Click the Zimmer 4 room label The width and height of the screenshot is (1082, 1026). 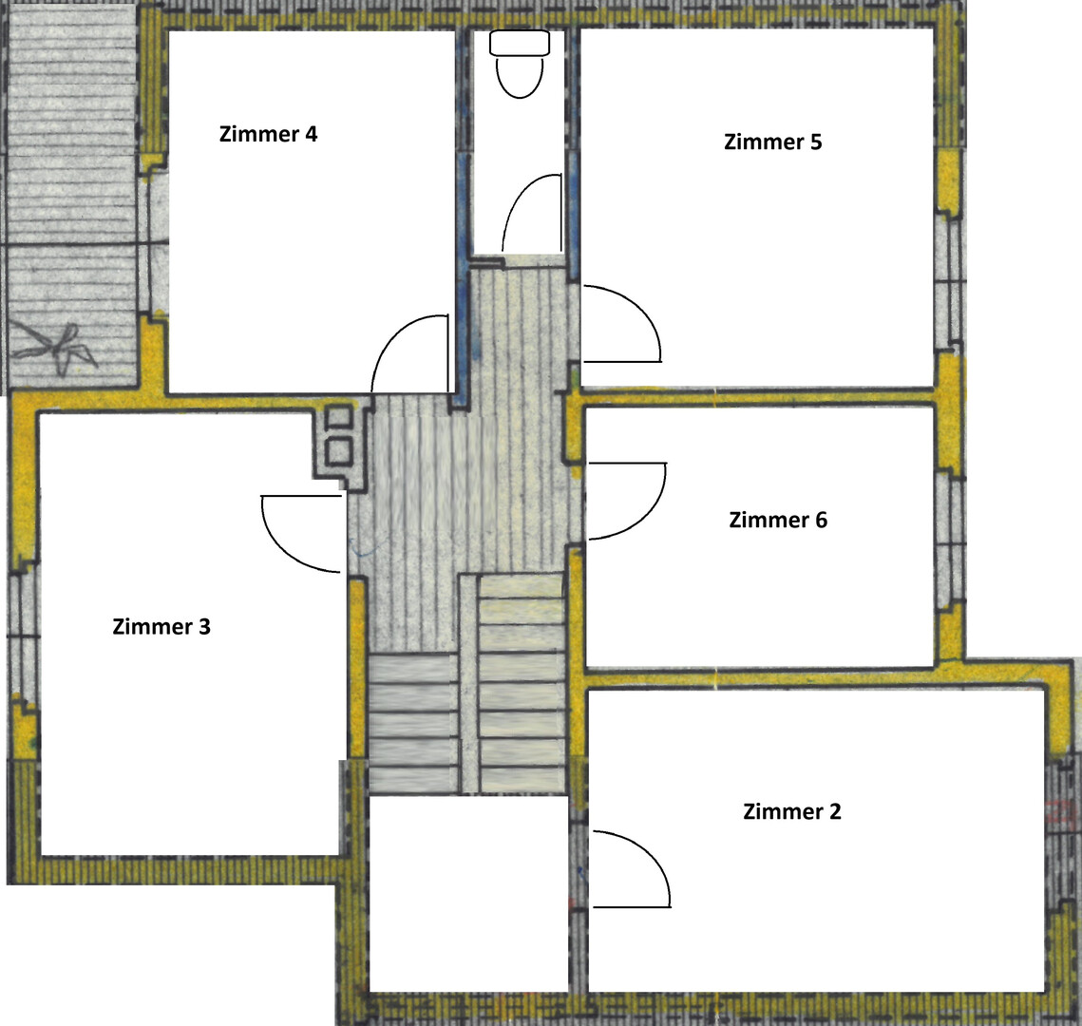269,134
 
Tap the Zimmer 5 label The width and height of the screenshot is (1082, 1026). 773,142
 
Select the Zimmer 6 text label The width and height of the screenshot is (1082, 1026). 778,521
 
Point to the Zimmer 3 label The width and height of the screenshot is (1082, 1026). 161,626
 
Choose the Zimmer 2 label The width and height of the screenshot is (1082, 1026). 792,811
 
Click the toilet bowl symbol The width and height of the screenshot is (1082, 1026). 520,76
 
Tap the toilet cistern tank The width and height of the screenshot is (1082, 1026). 520,43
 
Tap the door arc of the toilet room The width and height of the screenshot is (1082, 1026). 519,193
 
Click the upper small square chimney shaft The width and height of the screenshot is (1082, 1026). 339,417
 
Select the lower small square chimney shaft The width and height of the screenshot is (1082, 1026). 339,452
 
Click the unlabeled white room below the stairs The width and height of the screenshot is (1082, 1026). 468,894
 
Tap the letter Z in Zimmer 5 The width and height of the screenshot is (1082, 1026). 731,142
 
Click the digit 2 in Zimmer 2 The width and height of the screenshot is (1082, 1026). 835,811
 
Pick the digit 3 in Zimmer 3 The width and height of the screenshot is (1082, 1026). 204,626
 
